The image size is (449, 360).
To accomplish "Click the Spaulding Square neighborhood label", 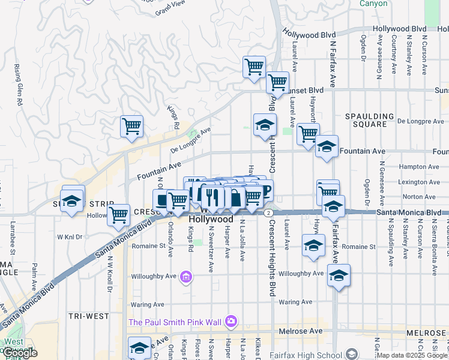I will click(369, 120).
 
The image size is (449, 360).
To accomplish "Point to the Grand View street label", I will click(169, 10).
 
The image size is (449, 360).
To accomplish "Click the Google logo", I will click(20, 353).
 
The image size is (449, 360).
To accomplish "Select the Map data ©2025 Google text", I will click(412, 355).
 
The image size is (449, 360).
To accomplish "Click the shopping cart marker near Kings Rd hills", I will click(131, 127).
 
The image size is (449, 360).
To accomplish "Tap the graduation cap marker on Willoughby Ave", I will click(339, 275).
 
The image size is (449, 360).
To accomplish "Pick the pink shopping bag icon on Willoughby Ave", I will click(186, 277).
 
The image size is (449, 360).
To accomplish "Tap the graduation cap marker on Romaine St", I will click(313, 245).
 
